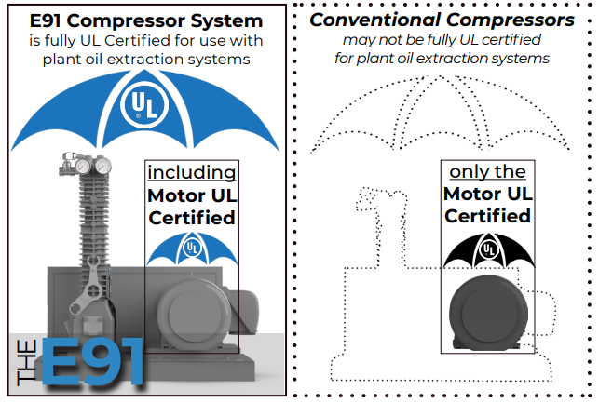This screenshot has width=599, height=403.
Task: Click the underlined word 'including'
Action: click(x=192, y=172)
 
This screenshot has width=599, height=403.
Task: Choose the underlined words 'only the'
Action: click(x=487, y=172)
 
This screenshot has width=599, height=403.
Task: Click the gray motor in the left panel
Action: click(x=193, y=312)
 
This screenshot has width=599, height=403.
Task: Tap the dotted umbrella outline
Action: click(x=439, y=112)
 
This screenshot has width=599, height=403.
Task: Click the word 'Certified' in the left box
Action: click(x=192, y=218)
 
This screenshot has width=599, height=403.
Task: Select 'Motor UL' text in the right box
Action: click(x=487, y=195)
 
